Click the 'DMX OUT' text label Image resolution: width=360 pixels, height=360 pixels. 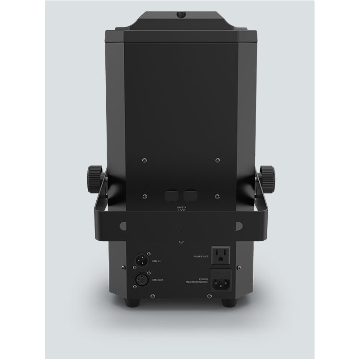(x=157, y=280)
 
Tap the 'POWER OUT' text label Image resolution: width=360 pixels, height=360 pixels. (x=201, y=256)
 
